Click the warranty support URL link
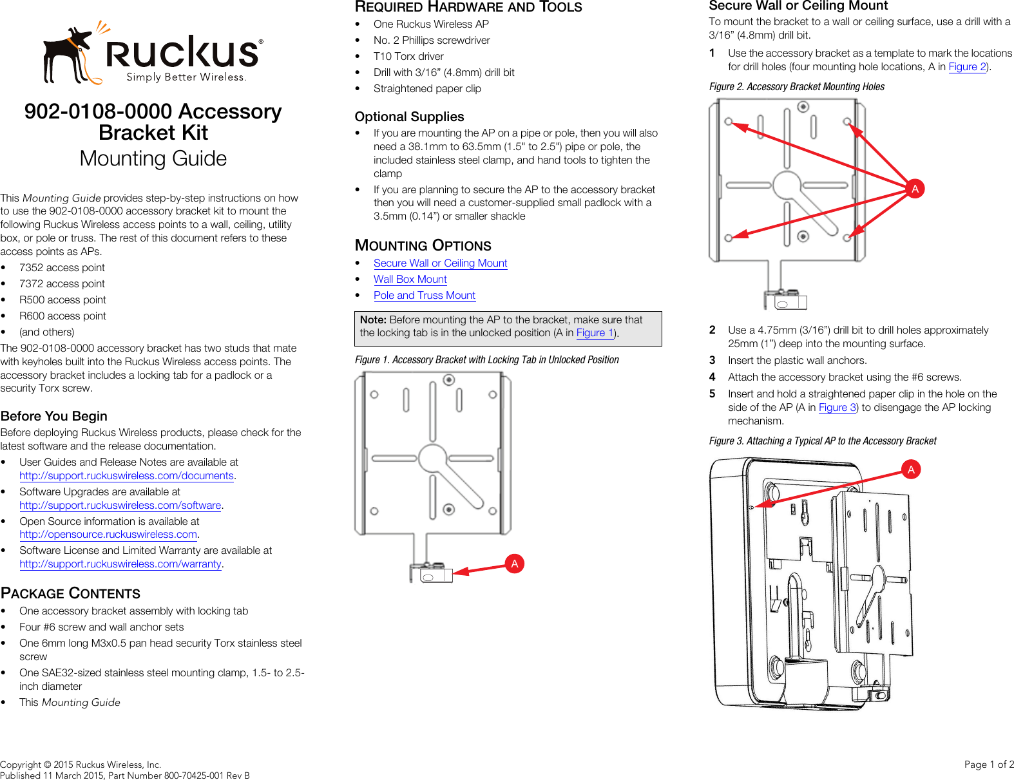pyautogui.click(x=120, y=564)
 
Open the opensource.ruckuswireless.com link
pyautogui.click(x=108, y=535)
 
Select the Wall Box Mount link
pyautogui.click(x=410, y=280)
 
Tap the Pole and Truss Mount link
pyautogui.click(x=424, y=296)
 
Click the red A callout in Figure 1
pyautogui.click(x=514, y=564)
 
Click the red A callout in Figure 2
pyautogui.click(x=914, y=189)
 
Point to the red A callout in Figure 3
pyautogui.click(x=911, y=470)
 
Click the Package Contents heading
pyautogui.click(x=70, y=593)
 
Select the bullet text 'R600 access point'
pyautogui.click(x=62, y=316)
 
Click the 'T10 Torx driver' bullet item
pyautogui.click(x=408, y=57)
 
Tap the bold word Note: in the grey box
pyautogui.click(x=373, y=320)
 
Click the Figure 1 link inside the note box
pyautogui.click(x=594, y=333)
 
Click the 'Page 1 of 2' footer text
pyautogui.click(x=988, y=765)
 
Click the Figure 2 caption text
pyautogui.click(x=796, y=87)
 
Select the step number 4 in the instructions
pyautogui.click(x=713, y=377)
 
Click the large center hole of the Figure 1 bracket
pyautogui.click(x=432, y=459)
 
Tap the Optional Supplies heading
pyautogui.click(x=409, y=117)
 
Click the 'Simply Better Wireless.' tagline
pyautogui.click(x=186, y=77)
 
